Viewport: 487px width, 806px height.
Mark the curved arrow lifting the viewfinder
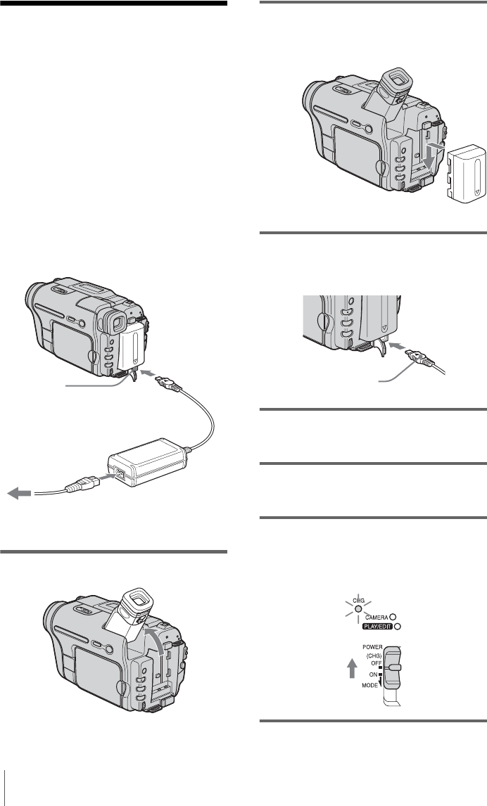point(163,644)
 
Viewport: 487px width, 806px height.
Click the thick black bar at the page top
point(113,4)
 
